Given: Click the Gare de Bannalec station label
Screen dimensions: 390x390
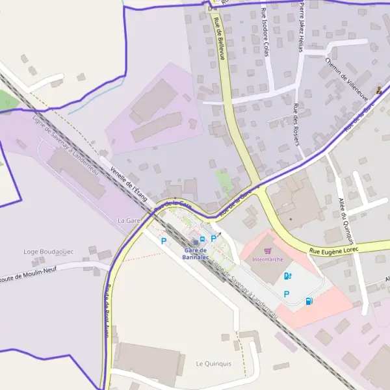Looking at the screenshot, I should point(195,254).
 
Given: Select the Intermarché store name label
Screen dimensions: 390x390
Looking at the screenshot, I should point(267,259).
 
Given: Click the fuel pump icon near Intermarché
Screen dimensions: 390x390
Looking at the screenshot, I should point(309,300).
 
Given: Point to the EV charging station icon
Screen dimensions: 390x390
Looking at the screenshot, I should point(288,276).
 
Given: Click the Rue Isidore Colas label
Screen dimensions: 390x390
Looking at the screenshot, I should point(265,32).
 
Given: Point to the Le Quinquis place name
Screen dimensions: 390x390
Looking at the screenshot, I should point(213,363).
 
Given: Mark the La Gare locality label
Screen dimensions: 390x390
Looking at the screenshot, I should point(129,221).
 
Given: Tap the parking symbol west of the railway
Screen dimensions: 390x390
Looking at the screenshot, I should point(164,241).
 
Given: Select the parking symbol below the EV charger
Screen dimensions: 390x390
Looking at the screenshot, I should point(287,294).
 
